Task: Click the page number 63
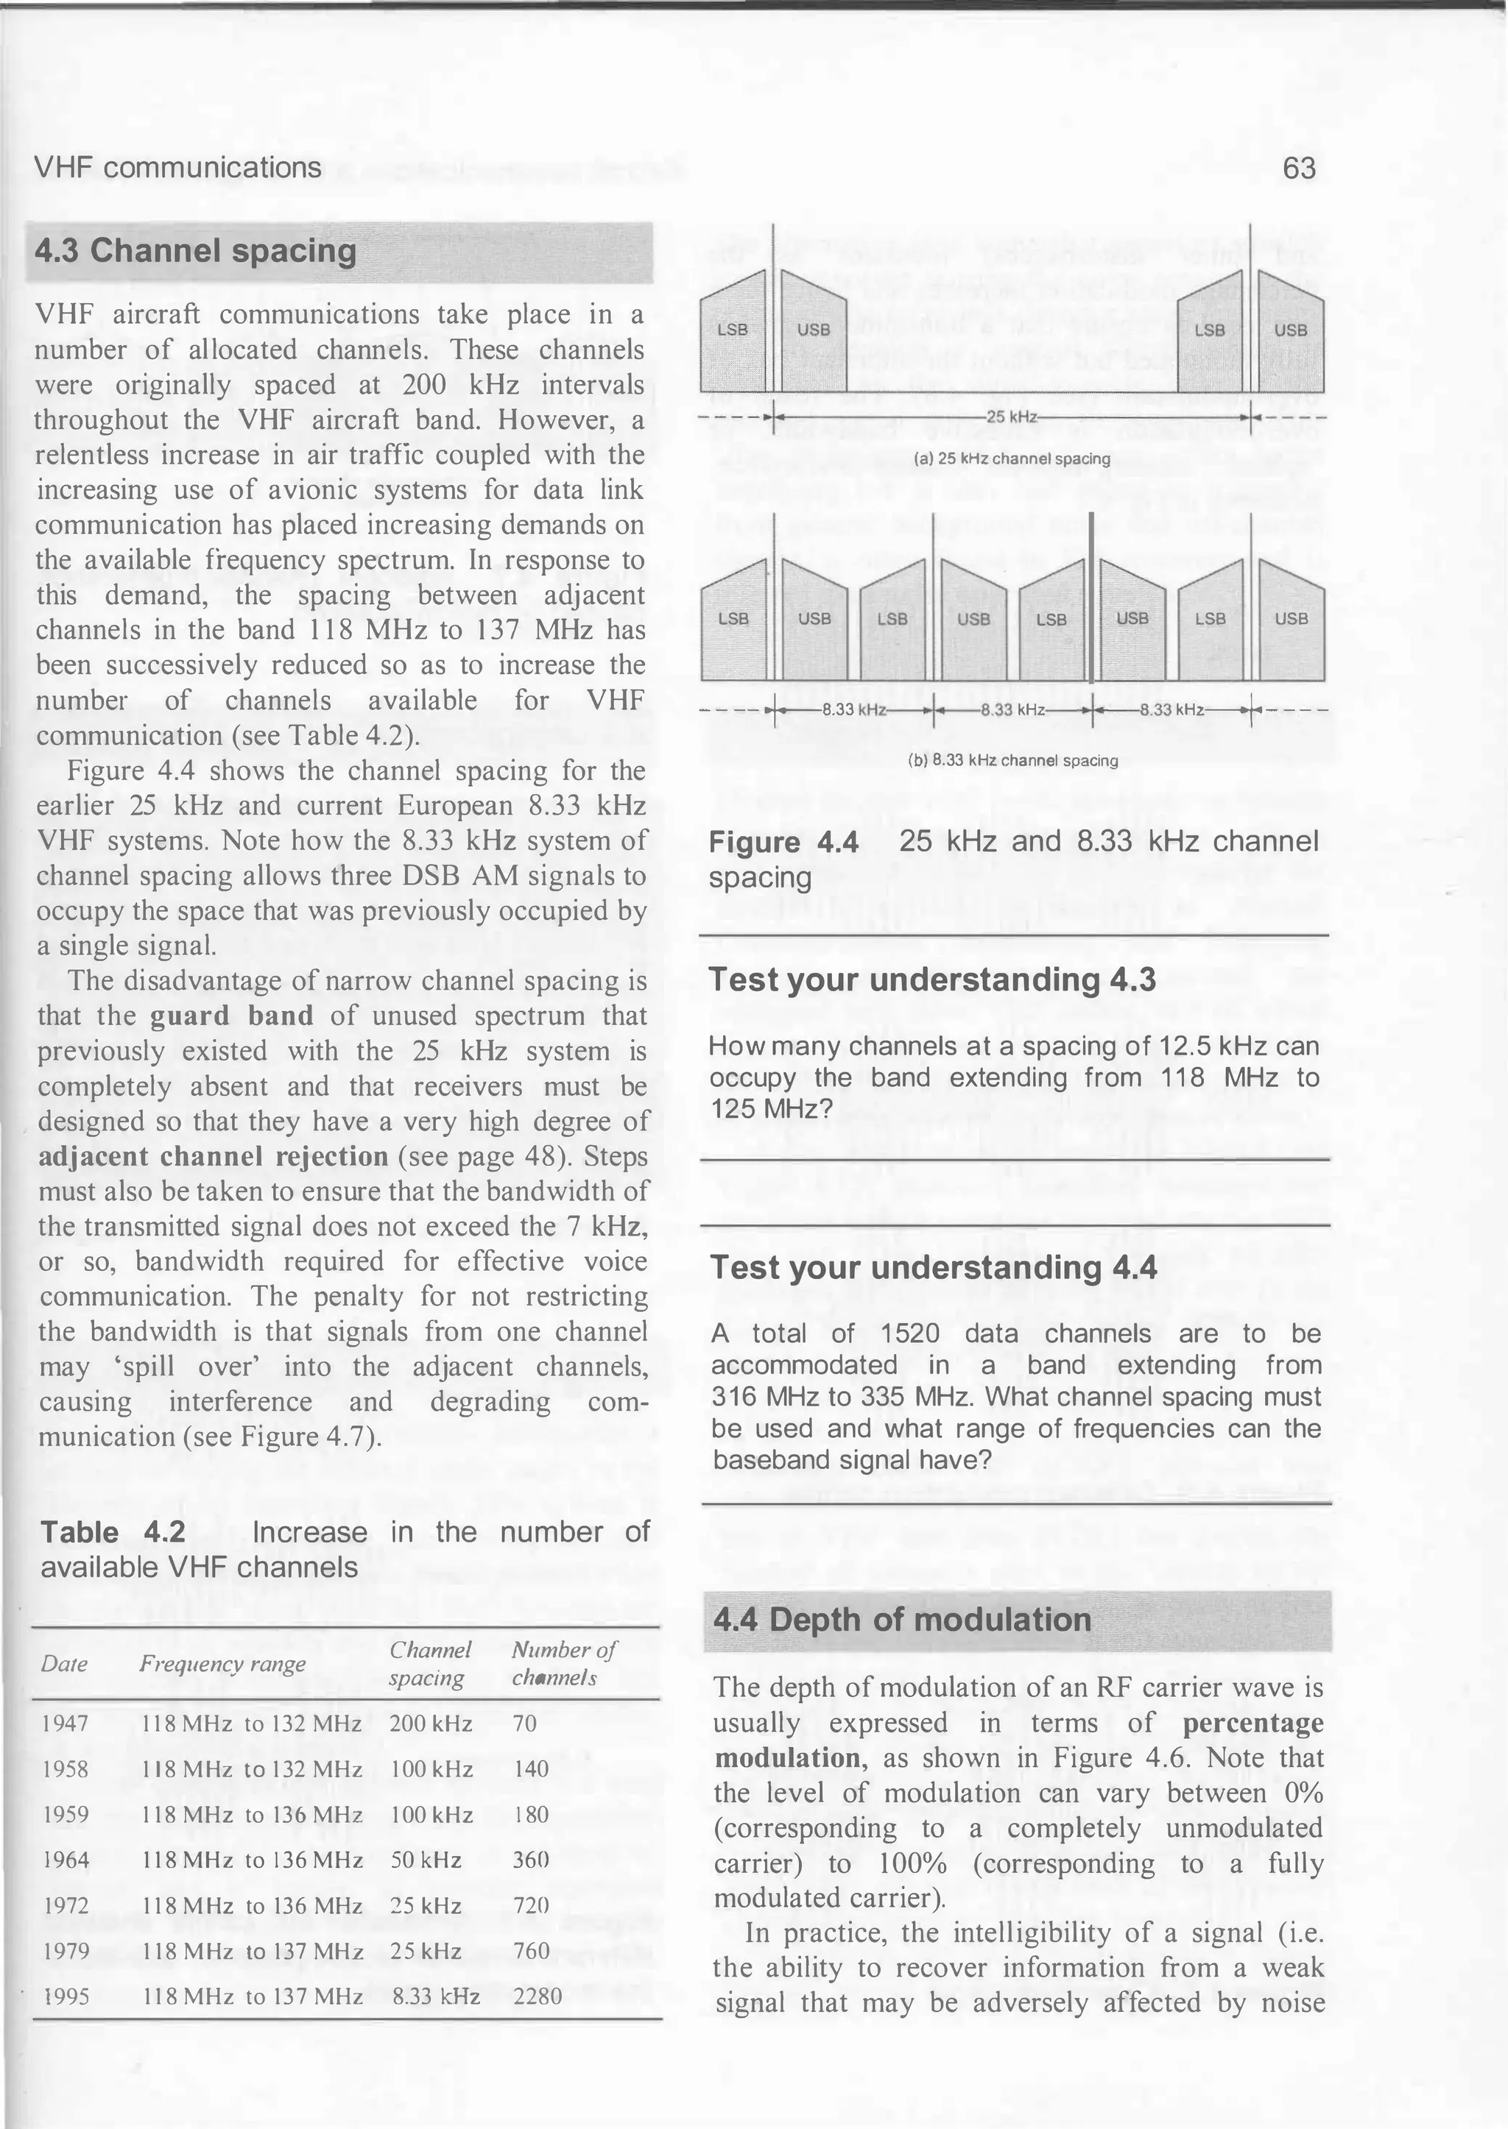pos(1299,168)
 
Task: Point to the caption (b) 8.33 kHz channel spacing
pos(1012,760)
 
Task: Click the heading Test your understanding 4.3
pos(932,980)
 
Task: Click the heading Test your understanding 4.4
pos(933,1268)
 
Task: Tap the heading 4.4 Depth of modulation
pos(902,1620)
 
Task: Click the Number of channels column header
pos(563,1664)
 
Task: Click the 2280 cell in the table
pos(537,1997)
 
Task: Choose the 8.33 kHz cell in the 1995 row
pos(435,1997)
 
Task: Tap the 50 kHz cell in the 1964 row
pos(426,1860)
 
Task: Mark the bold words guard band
pos(231,1016)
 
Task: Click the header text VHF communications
pos(177,168)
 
